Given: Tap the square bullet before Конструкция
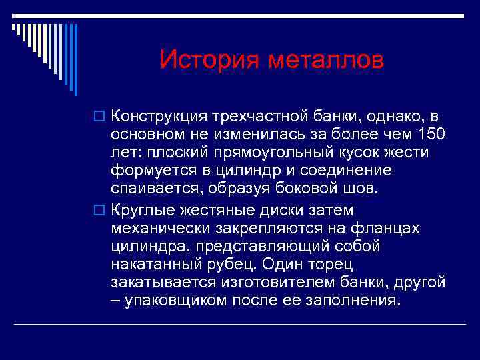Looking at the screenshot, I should pyautogui.click(x=101, y=117).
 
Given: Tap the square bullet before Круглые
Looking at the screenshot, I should pyautogui.click(x=101, y=211).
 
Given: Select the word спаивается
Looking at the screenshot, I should pyautogui.click(x=157, y=189).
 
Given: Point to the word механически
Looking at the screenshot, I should pyautogui.click(x=161, y=229).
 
